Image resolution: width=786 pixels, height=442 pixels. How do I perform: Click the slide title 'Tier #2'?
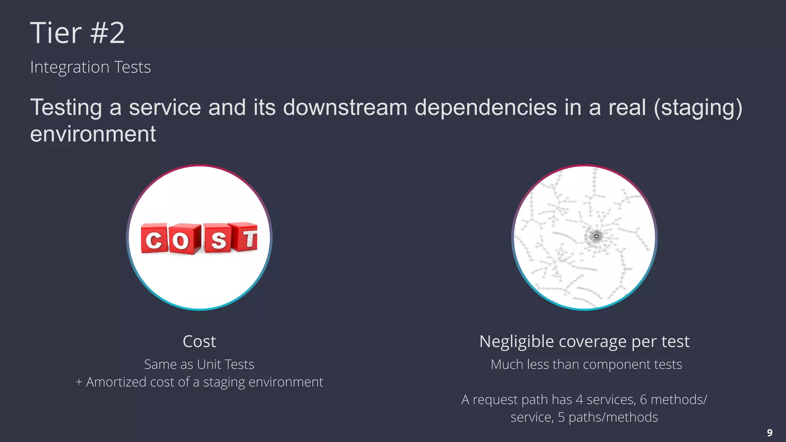78,33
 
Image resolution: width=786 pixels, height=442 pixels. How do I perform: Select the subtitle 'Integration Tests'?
91,67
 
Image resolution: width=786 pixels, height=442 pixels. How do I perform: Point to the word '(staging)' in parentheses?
698,108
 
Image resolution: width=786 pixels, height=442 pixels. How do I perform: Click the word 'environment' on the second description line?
93,134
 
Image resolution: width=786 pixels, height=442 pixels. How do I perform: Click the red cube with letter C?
154,239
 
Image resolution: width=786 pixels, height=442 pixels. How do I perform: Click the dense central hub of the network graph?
596,236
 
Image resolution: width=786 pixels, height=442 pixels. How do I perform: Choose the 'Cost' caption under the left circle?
199,341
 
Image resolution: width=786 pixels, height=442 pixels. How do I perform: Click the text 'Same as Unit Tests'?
199,364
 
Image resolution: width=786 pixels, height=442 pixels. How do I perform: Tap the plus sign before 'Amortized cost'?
79,382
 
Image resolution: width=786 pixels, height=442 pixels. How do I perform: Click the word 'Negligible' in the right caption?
517,341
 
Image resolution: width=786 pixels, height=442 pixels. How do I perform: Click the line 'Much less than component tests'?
586,364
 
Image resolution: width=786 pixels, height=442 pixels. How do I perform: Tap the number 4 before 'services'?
579,400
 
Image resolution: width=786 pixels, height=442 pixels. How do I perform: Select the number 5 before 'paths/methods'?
561,417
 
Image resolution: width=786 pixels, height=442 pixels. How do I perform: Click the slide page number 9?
769,433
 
